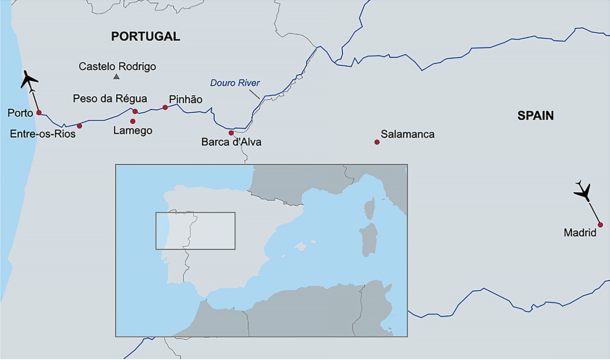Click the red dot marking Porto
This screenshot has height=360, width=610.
(39, 112)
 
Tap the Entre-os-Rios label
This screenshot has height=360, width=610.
(43, 134)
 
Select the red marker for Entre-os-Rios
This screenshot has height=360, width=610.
(79, 126)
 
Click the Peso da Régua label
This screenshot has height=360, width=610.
(110, 99)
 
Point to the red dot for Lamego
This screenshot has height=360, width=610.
(133, 122)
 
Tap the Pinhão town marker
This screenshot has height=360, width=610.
(165, 107)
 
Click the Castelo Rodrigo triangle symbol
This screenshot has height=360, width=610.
(116, 77)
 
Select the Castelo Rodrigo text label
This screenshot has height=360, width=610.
(117, 66)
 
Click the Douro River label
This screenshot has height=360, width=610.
(235, 83)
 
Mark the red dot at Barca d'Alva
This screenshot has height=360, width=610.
(231, 133)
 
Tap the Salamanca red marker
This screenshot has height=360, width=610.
(377, 142)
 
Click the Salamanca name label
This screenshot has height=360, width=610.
(407, 134)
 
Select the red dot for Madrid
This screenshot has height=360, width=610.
(600, 225)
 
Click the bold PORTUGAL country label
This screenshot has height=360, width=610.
(146, 36)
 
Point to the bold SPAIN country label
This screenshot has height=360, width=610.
(535, 116)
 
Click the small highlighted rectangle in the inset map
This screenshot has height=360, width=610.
(195, 231)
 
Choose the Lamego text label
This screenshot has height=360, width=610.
(133, 131)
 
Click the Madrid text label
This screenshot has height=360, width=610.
(580, 233)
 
